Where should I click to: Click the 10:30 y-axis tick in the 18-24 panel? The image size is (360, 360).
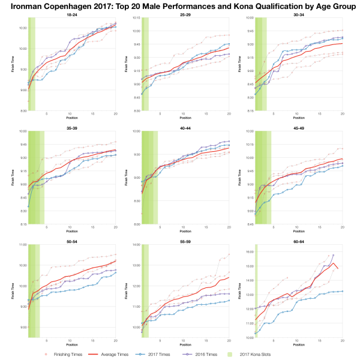pyautogui.click(x=22, y=28)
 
